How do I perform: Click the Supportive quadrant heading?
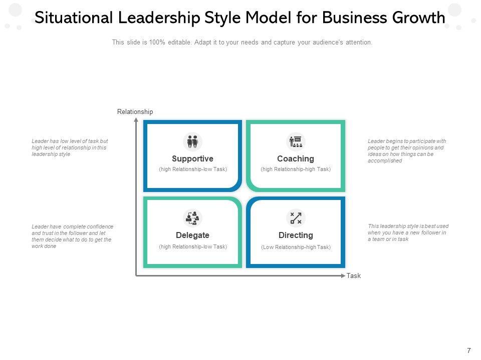point(192,158)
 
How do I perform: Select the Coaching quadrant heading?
point(296,158)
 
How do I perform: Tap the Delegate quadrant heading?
point(192,235)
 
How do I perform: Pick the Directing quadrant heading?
point(296,235)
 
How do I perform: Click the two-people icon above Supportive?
point(192,141)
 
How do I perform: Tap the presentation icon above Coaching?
point(296,141)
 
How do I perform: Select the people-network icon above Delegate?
point(192,218)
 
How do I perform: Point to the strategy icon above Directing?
point(296,218)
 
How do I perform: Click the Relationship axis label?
point(135,112)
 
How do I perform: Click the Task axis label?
point(354,276)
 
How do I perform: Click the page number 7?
point(468,350)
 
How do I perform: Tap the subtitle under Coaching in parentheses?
point(296,169)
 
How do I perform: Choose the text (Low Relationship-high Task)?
point(296,247)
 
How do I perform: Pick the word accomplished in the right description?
point(385,161)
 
